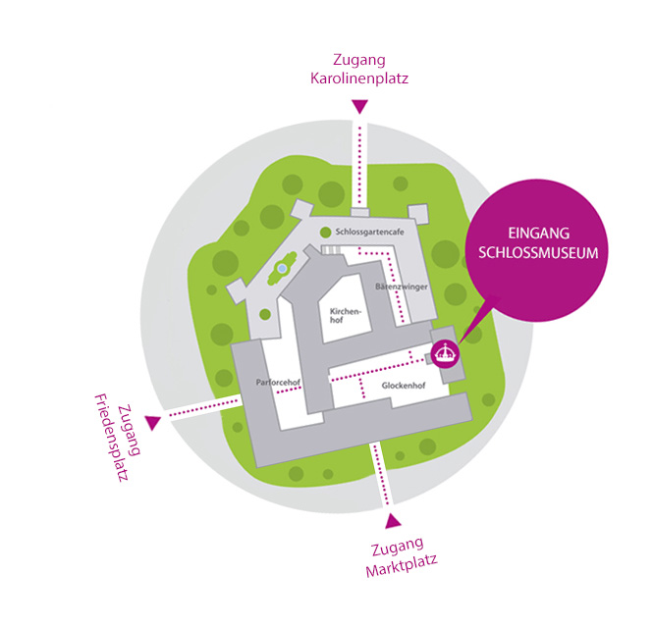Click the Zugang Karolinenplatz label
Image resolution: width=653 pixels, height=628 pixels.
pyautogui.click(x=359, y=69)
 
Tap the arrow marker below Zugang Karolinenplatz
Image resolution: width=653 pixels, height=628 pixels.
pyautogui.click(x=360, y=106)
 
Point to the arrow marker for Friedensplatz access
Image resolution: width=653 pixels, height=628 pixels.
pyautogui.click(x=152, y=422)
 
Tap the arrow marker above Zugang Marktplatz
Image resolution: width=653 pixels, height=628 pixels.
pyautogui.click(x=394, y=520)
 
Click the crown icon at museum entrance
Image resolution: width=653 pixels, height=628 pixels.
pyautogui.click(x=447, y=352)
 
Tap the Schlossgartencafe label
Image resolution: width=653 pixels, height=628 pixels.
pyautogui.click(x=370, y=232)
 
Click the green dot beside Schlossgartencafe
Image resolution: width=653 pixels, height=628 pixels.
pyautogui.click(x=325, y=232)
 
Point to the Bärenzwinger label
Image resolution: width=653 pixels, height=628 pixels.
pyautogui.click(x=399, y=287)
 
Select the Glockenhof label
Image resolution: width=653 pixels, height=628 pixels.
pyautogui.click(x=404, y=387)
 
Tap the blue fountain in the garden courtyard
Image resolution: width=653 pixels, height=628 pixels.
pyautogui.click(x=282, y=268)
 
